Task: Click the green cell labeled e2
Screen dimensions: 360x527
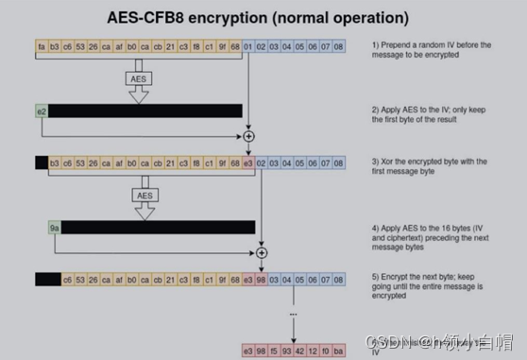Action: [x=42, y=111]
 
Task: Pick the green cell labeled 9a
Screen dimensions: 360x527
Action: [x=55, y=227]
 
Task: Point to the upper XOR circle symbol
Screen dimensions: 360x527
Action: [x=248, y=136]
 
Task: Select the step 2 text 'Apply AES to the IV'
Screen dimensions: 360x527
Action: [x=431, y=115]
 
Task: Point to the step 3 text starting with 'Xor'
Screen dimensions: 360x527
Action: [x=430, y=166]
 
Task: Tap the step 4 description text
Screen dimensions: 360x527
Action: [x=430, y=232]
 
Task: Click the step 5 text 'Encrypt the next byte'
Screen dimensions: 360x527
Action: [x=431, y=283]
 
